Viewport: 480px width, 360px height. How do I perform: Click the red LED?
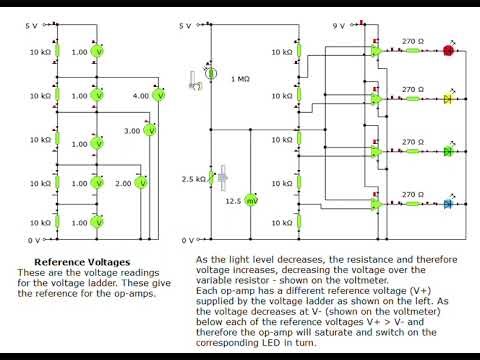pos(448,49)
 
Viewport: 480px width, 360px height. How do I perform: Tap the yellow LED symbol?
pos(448,99)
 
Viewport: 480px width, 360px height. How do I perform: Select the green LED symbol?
pos(448,151)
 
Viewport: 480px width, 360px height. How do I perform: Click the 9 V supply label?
pos(339,24)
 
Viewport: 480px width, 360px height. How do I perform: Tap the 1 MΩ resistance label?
pos(239,78)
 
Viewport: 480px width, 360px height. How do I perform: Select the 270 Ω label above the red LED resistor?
pos(411,41)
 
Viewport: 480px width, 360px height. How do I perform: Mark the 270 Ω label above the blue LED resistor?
pos(411,195)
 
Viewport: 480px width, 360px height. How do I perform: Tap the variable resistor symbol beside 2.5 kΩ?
pos(211,178)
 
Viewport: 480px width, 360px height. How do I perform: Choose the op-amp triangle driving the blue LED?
pos(376,204)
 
